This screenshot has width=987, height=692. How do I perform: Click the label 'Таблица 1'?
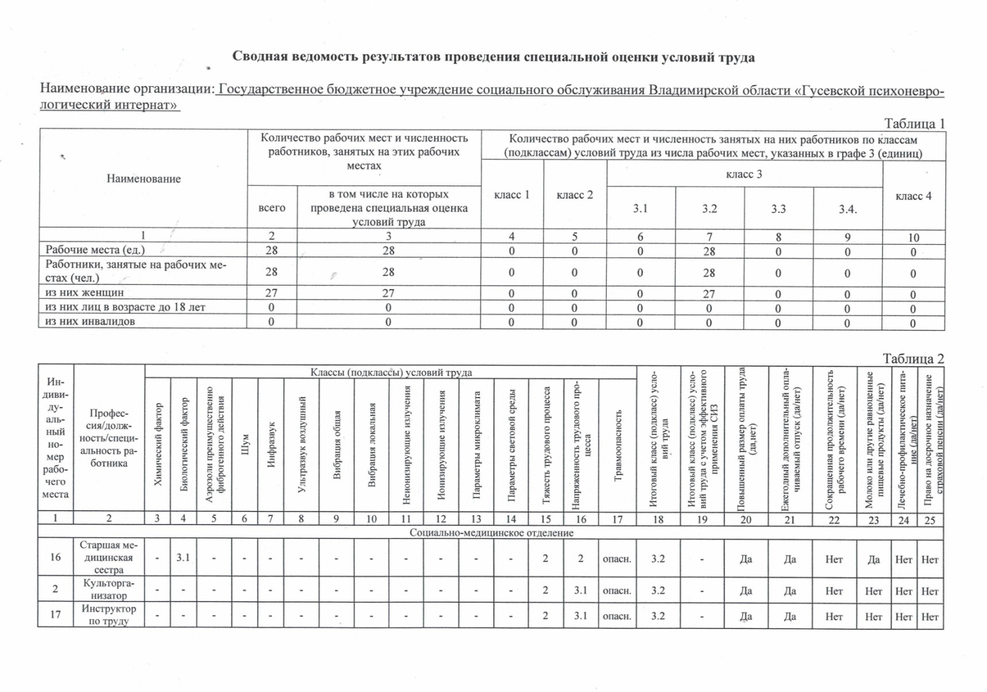(914, 124)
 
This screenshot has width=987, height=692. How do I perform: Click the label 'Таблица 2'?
(913, 358)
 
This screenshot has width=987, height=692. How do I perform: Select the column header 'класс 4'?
(913, 196)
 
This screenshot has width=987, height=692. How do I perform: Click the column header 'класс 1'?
(511, 195)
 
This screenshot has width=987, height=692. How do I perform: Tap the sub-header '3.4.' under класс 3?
(848, 209)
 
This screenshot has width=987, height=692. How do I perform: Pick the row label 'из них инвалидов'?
(90, 322)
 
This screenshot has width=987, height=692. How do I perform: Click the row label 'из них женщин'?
(84, 293)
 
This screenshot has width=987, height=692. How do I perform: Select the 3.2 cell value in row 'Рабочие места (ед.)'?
(709, 251)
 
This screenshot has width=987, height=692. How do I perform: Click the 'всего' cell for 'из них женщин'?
(271, 293)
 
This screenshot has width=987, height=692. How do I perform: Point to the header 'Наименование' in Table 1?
(143, 179)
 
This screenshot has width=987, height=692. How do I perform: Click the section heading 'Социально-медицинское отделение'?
(491, 532)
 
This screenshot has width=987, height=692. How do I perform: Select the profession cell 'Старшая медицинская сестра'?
(109, 557)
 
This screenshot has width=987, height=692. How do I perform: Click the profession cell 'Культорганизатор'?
(109, 589)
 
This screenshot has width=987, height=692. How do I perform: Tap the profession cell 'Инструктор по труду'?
(109, 615)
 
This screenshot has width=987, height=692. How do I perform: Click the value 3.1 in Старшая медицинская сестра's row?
(183, 558)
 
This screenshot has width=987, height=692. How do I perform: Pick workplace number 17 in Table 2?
(55, 614)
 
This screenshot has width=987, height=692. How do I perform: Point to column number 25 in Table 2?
(930, 520)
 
